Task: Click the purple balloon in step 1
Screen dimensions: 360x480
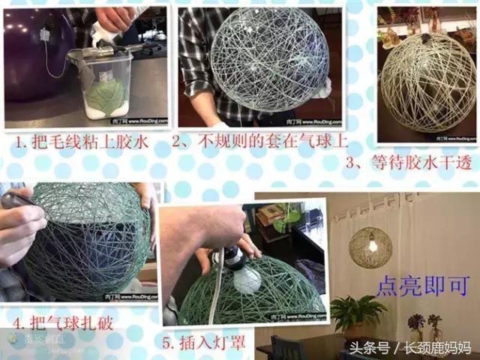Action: tap(34, 52)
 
